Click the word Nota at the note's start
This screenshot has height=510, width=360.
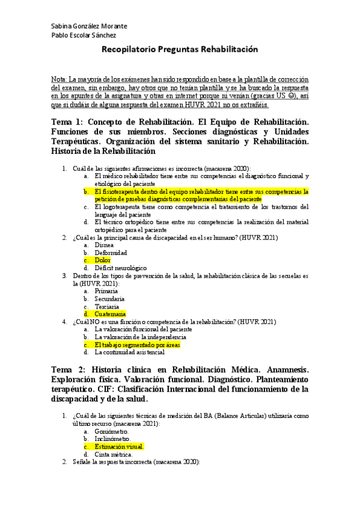(59, 79)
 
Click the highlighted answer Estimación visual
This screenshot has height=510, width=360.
(119, 447)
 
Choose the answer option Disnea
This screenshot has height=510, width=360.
(103, 245)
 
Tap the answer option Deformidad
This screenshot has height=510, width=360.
(111, 253)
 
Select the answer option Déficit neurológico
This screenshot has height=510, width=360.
(120, 268)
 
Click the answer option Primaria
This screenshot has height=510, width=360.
(106, 290)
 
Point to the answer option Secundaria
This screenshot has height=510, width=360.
(109, 298)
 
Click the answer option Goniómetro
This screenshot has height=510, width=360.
(111, 431)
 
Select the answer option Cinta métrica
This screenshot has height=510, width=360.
(113, 455)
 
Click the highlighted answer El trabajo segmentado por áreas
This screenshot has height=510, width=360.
(137, 345)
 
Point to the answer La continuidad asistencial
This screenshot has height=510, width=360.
(134, 352)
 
